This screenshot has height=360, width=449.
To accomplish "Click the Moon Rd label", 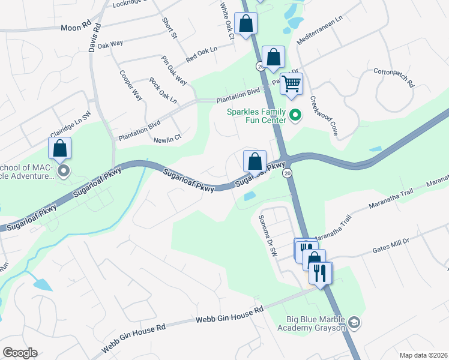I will [x=75, y=27].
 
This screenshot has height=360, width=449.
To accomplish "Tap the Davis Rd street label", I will [x=94, y=38].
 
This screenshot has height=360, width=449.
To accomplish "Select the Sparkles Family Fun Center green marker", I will [x=295, y=115].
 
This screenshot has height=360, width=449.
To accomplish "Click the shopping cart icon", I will [x=291, y=83].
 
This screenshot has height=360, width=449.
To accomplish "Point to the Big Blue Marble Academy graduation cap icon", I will [x=354, y=323].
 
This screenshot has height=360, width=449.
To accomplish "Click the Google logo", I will [x=20, y=353].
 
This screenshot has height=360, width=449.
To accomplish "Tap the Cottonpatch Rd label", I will [x=394, y=78].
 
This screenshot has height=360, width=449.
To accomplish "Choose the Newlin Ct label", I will [x=167, y=139].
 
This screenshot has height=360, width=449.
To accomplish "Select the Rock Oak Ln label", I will [x=163, y=90].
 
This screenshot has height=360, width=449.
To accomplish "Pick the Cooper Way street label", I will [x=130, y=86].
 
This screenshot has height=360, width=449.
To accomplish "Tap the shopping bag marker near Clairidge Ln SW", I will [x=60, y=148].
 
